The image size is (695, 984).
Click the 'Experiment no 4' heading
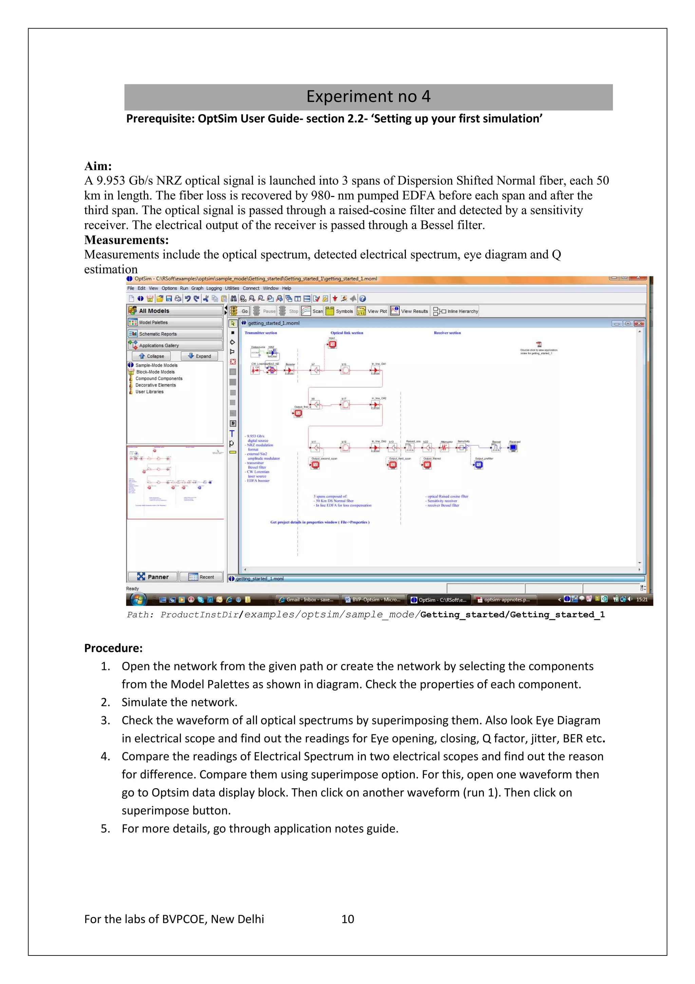point(368,97)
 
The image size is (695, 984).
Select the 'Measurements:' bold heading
point(126,240)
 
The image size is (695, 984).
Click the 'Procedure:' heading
point(113,648)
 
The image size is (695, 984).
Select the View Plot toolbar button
point(372,311)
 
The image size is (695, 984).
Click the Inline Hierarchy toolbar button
point(456,311)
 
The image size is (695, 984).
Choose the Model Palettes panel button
point(175,322)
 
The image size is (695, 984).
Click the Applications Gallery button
point(175,345)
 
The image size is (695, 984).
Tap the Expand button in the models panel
point(199,356)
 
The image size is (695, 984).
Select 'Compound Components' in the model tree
point(158,379)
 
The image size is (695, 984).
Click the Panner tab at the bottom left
point(153,577)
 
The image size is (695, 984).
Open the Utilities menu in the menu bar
point(232,288)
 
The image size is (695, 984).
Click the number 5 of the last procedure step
point(105,828)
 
